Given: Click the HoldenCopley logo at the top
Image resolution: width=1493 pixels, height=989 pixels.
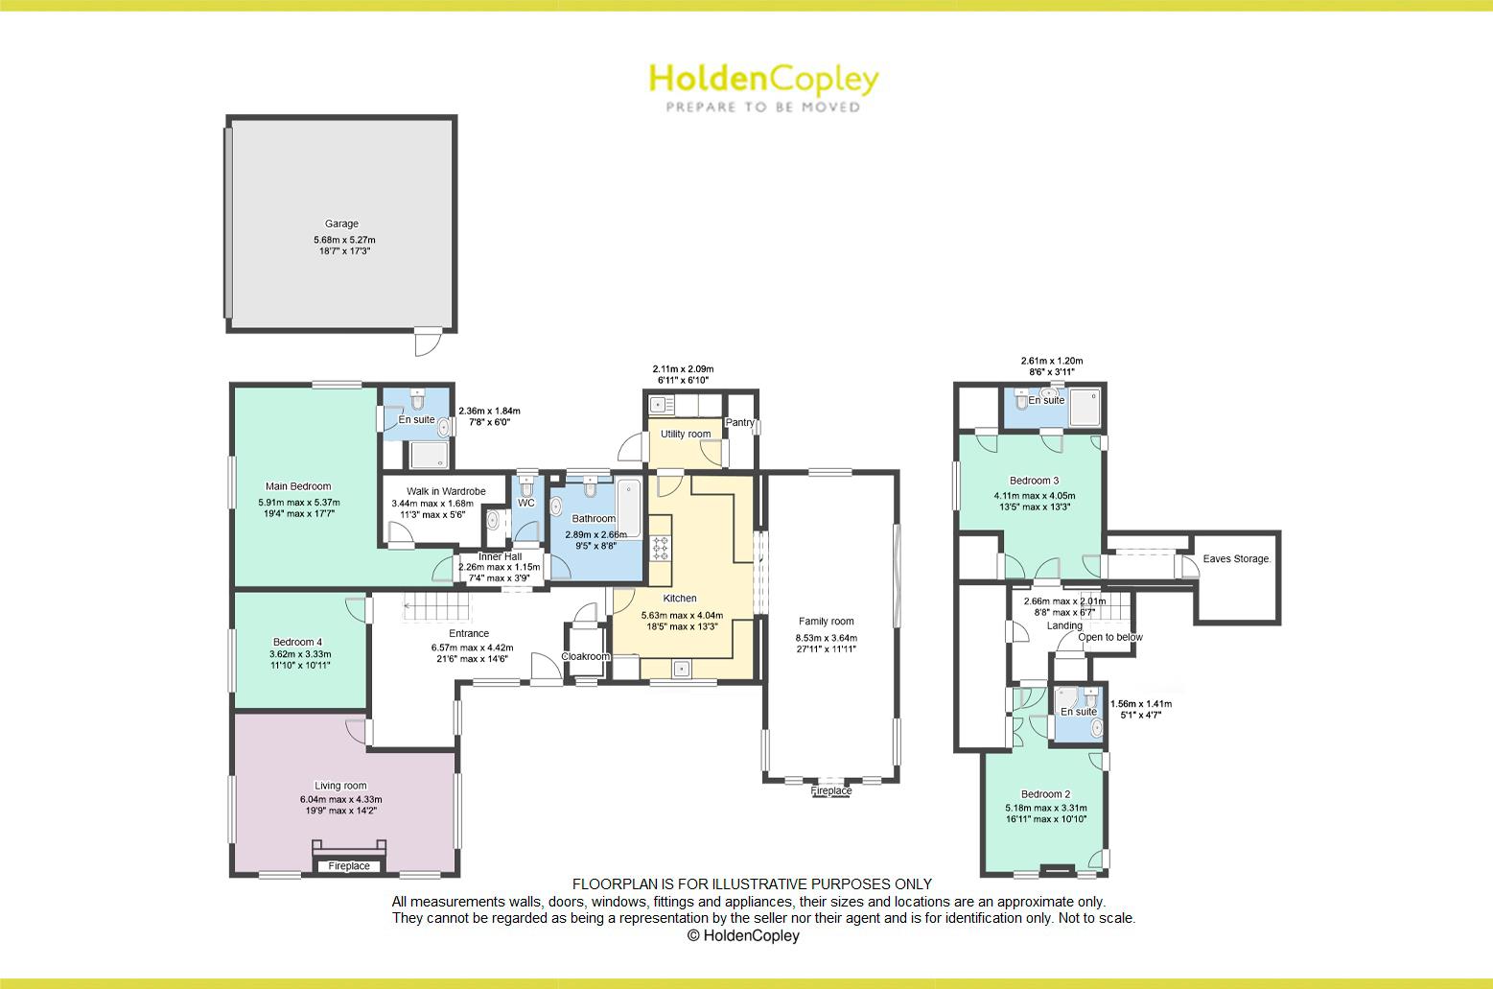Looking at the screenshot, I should (763, 86).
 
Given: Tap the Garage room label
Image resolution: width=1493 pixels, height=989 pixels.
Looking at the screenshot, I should (341, 224).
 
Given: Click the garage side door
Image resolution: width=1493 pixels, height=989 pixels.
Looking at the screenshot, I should (427, 341).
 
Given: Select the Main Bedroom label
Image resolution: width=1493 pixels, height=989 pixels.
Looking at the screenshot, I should (298, 486).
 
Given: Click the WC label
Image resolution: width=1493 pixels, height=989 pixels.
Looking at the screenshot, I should (525, 503).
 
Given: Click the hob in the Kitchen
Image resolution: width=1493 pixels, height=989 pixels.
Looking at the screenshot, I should (662, 548).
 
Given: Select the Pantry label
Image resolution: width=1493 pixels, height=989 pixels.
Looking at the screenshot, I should (740, 422).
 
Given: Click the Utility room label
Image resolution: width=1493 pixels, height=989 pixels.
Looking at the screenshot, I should (686, 434).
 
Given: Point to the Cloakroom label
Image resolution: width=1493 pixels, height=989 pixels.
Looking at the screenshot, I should (585, 657).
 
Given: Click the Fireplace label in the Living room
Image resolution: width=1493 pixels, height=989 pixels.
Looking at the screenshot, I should (349, 866).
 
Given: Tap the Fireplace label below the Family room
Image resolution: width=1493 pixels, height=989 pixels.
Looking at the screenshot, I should (830, 791).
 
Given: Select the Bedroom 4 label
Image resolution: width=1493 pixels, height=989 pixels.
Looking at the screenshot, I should (297, 642).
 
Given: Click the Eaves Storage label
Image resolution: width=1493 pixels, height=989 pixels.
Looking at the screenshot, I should (1237, 559).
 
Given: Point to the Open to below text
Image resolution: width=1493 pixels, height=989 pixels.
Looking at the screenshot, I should (1110, 637).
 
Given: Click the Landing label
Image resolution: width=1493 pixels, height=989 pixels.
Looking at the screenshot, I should (1064, 625).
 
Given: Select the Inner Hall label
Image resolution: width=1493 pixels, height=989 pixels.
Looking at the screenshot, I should (500, 556).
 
